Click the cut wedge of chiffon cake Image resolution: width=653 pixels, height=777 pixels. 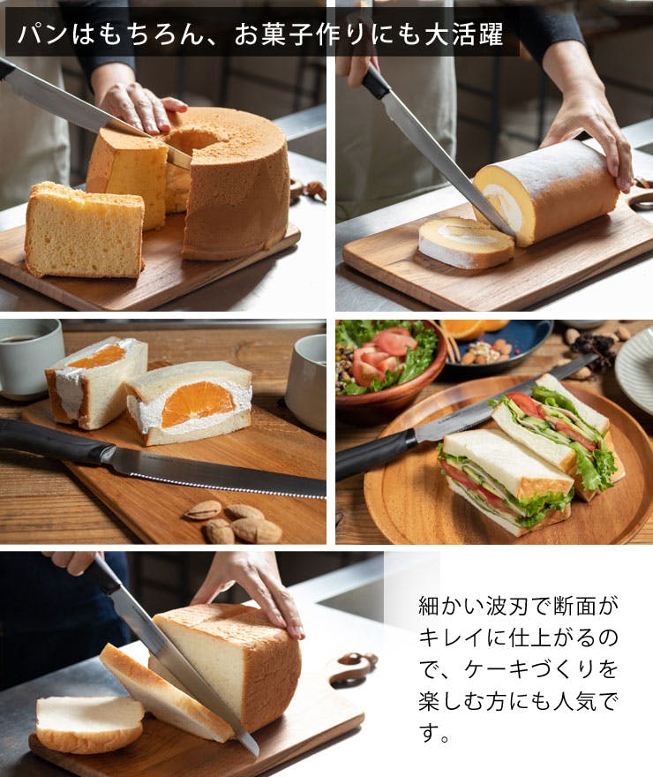click(x=84, y=230)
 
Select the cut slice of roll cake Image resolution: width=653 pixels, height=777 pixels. click(x=465, y=242)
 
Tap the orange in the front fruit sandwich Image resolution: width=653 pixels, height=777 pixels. click(x=198, y=404)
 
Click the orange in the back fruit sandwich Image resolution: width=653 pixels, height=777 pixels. click(x=97, y=357)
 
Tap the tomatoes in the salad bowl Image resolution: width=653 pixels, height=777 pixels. click(x=382, y=355)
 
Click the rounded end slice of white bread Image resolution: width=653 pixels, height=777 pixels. click(x=90, y=723)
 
